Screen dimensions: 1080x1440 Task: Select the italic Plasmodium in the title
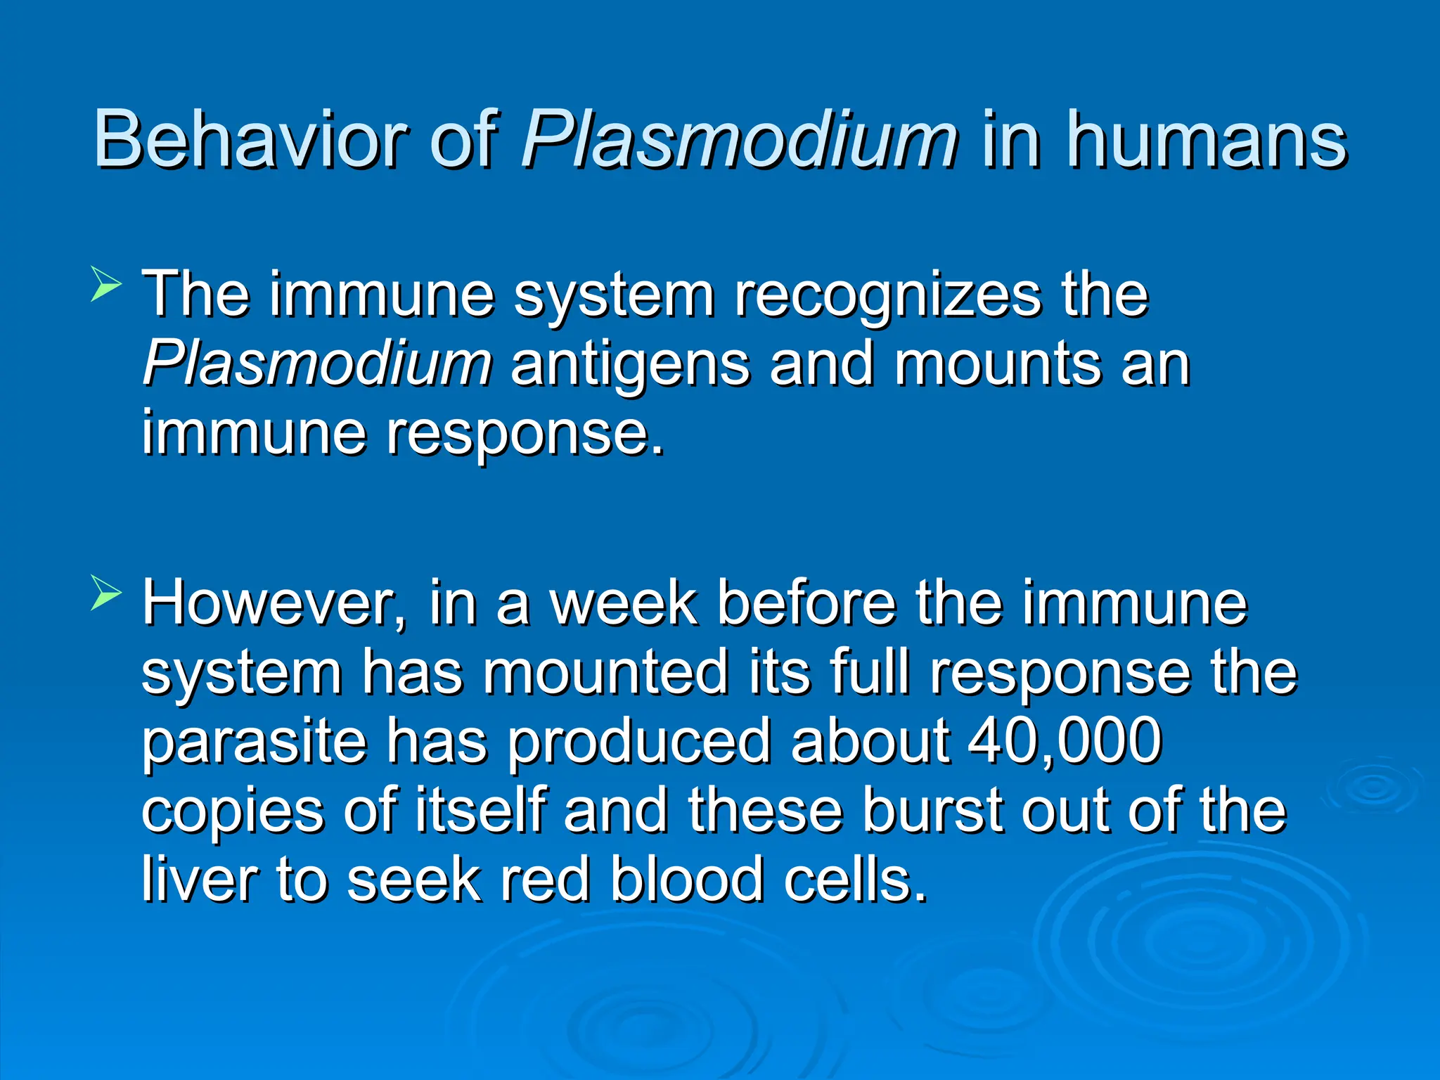[x=738, y=141]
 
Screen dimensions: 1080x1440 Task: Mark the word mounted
[x=605, y=672]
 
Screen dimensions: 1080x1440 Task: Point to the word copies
[x=232, y=812]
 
